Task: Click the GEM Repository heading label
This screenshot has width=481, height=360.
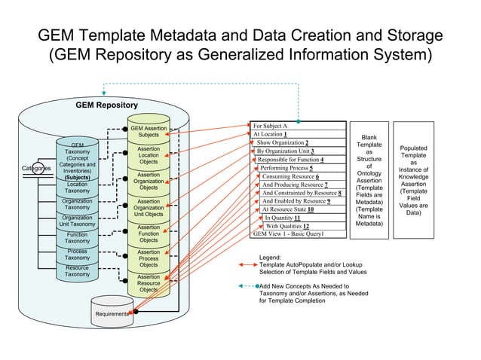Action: point(106,105)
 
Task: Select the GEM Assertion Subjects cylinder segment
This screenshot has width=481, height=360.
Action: point(149,132)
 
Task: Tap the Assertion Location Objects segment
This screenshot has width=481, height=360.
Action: point(149,155)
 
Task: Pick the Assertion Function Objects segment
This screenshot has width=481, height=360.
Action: point(149,233)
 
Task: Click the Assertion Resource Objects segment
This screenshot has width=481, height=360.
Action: point(149,283)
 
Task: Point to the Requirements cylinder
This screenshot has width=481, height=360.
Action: point(112,313)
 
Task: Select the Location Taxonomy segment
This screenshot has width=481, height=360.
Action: point(78,188)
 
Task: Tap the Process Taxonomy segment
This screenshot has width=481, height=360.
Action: point(78,255)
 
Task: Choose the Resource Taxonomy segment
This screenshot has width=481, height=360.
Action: point(78,271)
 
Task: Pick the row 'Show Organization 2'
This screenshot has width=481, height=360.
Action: point(283,142)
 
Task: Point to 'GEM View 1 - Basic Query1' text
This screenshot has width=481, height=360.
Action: point(288,234)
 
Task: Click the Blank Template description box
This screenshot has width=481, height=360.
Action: point(369,181)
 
